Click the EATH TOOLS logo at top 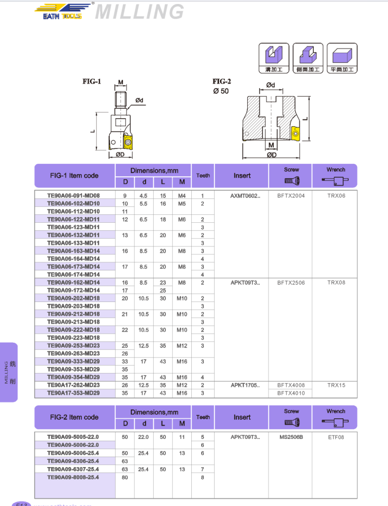(x=63, y=12)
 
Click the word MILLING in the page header (x=139, y=12)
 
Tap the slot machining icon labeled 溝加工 (x=274, y=58)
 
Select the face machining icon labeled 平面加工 (x=342, y=58)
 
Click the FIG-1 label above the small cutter (x=92, y=81)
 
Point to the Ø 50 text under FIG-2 (x=221, y=91)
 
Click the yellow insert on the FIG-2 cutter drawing (x=296, y=133)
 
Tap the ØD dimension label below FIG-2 (x=271, y=155)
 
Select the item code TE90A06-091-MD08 (x=74, y=196)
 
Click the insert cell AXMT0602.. (x=245, y=196)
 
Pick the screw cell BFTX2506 (x=291, y=282)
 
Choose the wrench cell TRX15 (x=336, y=385)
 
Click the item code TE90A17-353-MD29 (x=74, y=393)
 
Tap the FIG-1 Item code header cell (x=74, y=176)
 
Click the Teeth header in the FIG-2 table (x=203, y=417)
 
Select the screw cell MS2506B (x=291, y=437)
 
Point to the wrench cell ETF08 (x=336, y=437)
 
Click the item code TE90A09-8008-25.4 (x=74, y=477)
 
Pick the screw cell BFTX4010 (x=291, y=393)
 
